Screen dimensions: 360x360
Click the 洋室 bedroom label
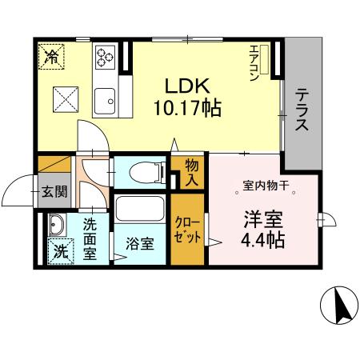point(259,218)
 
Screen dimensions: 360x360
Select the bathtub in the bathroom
point(141,211)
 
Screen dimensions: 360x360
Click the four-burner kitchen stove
point(106,55)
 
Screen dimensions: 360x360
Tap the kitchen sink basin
point(105,100)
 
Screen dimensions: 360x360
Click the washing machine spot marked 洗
point(57,250)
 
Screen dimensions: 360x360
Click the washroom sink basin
point(56,223)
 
